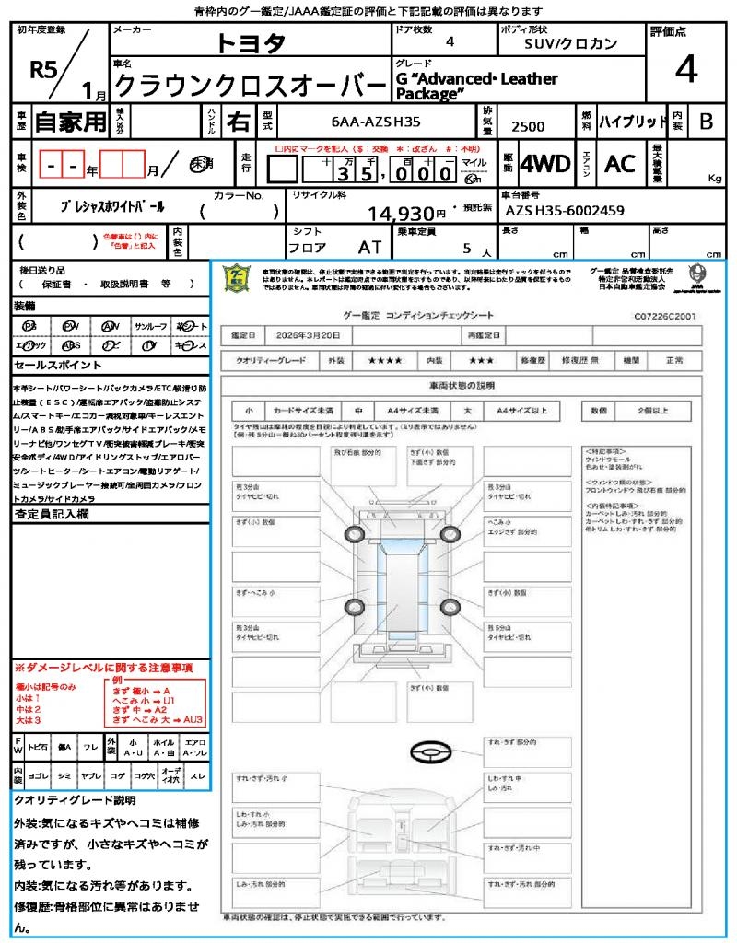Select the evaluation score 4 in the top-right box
pyautogui.click(x=684, y=70)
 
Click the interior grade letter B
pyautogui.click(x=706, y=122)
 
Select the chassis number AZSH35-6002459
pyautogui.click(x=564, y=211)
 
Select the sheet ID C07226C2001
pyautogui.click(x=664, y=316)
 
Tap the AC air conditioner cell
pyautogui.click(x=619, y=164)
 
